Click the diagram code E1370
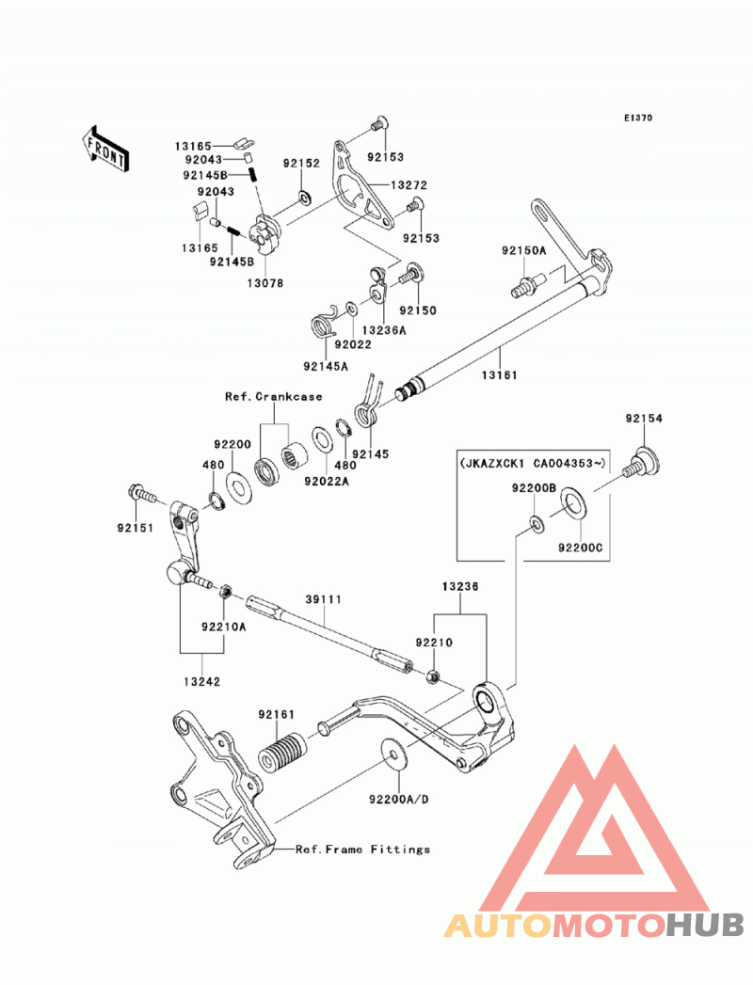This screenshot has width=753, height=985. (x=638, y=118)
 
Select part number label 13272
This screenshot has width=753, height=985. (x=409, y=185)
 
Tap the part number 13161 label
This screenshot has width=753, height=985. (x=500, y=375)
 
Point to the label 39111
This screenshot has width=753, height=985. (x=324, y=599)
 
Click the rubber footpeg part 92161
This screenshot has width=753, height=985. (x=282, y=752)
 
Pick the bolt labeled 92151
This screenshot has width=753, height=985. (x=141, y=494)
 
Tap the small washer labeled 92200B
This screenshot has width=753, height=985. (x=537, y=522)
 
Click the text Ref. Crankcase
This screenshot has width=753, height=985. (x=273, y=396)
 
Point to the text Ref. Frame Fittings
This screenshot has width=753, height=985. (x=362, y=850)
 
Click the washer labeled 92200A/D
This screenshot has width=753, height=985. (x=393, y=755)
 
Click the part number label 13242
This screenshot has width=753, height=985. (x=202, y=681)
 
